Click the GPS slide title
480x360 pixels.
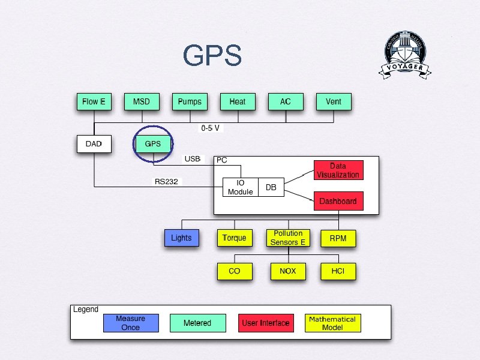point(212,56)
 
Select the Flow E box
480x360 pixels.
point(94,102)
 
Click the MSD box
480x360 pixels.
point(142,102)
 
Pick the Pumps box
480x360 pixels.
point(190,102)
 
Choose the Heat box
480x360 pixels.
point(238,102)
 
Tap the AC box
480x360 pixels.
point(286,102)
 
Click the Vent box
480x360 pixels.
point(334,102)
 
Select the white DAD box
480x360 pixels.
point(94,144)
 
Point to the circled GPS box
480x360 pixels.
point(153,144)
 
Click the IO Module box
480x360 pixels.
point(241,187)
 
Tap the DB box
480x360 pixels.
point(271,187)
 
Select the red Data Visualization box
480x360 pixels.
point(338,170)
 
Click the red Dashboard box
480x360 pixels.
point(338,201)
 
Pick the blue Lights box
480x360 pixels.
point(181,238)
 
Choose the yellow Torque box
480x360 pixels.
point(235,238)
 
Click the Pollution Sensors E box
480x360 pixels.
point(288,238)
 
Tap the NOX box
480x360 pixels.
point(288,271)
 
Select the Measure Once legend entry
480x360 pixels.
point(131,323)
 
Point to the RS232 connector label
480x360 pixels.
point(166,181)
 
